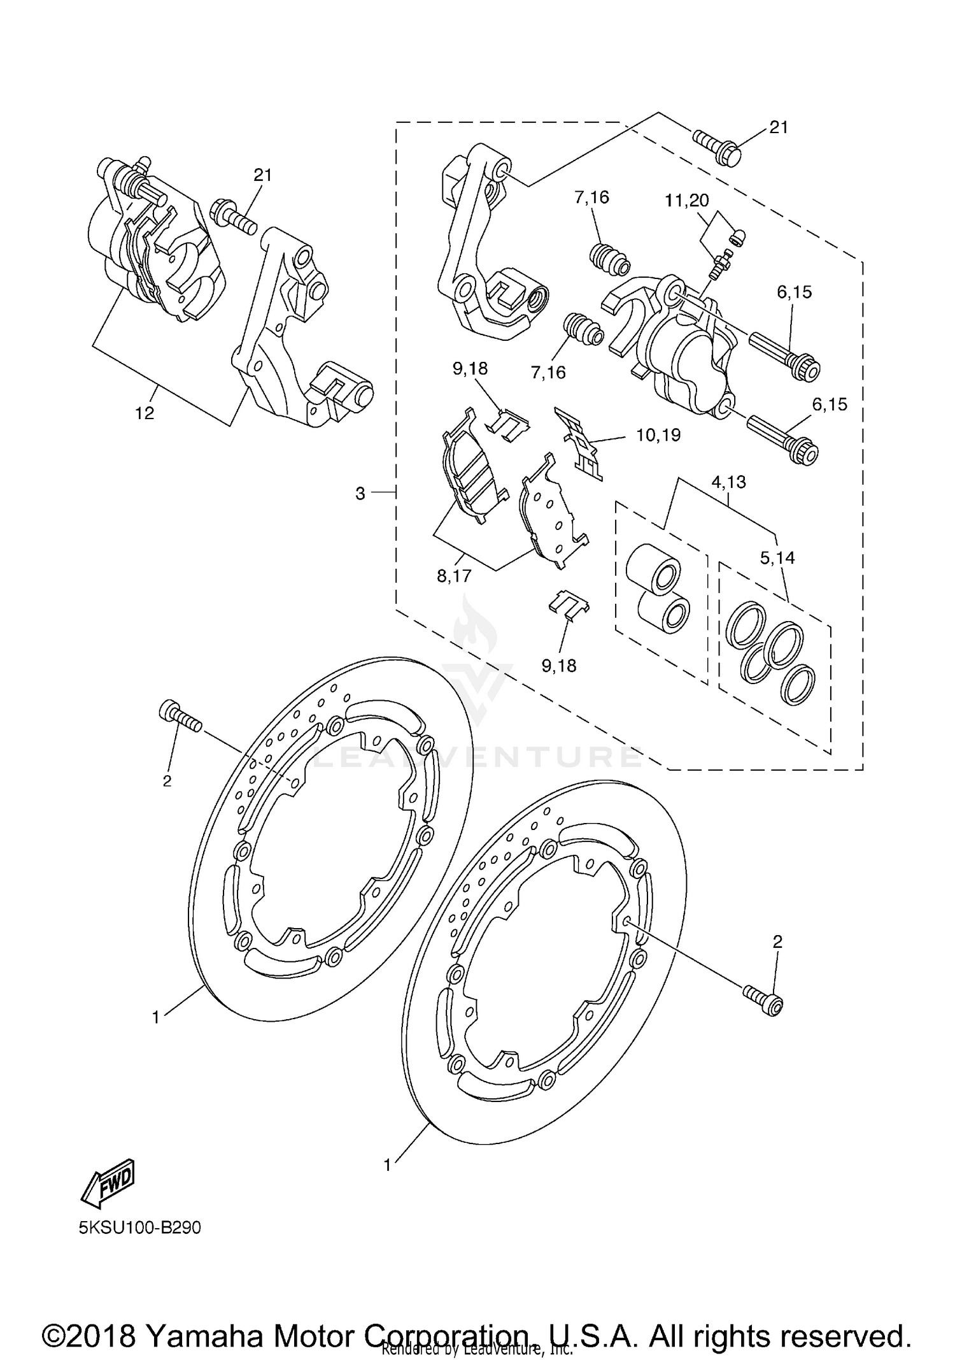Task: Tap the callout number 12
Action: (145, 413)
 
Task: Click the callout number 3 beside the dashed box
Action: (360, 494)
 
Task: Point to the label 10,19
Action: (658, 435)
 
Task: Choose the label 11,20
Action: (687, 200)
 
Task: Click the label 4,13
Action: (729, 482)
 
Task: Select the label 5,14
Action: (777, 558)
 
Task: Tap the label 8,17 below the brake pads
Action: (454, 576)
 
